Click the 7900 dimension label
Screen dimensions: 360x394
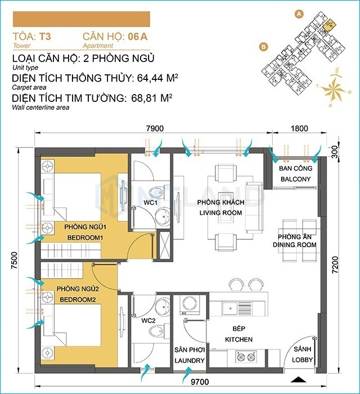coord(155,128)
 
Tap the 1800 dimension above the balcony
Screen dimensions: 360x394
coord(299,128)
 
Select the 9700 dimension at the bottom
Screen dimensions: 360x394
coord(200,382)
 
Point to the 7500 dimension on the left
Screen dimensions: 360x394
coord(15,260)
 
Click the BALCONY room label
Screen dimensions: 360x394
coord(296,179)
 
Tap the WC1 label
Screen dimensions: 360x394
coord(150,203)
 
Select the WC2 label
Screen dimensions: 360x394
coord(148,321)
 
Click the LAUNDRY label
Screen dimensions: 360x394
coord(190,361)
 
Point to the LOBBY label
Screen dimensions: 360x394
coord(302,360)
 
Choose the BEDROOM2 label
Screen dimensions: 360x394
coord(78,299)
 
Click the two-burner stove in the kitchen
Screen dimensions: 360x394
coord(246,357)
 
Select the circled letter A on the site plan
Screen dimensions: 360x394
coord(299,14)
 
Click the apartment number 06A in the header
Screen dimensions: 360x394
coord(138,37)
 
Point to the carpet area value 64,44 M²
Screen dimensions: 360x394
coord(157,78)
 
